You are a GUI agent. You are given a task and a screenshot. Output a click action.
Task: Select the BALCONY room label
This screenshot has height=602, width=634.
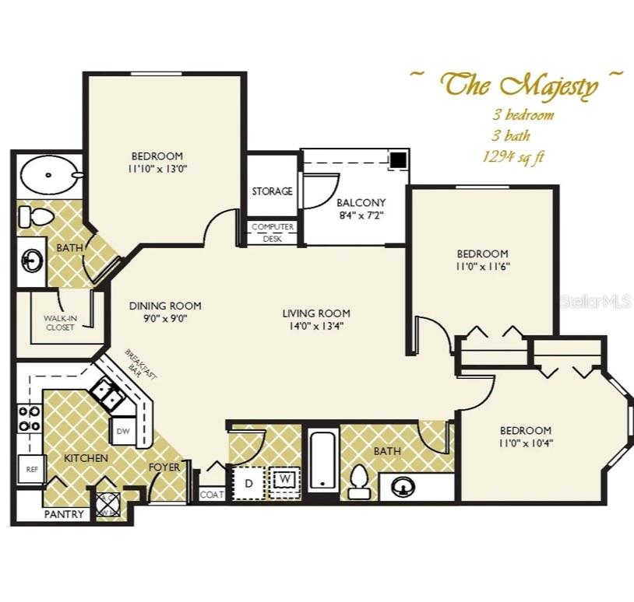click(x=361, y=203)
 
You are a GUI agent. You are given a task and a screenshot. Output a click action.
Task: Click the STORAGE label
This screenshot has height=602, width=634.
click(x=272, y=191)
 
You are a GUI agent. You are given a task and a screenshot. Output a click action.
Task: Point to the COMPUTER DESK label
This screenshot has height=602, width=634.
click(x=272, y=233)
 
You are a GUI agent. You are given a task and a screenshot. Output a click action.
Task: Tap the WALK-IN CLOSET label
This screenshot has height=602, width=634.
click(x=59, y=322)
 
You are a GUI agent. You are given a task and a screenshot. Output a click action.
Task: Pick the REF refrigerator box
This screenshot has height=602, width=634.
click(x=31, y=470)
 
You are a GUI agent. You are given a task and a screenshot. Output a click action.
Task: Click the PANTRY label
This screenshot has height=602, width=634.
click(x=63, y=514)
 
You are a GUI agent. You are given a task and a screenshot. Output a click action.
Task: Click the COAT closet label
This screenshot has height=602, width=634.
click(x=212, y=495)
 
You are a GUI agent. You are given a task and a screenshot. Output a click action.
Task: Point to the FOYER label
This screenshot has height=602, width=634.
click(x=164, y=467)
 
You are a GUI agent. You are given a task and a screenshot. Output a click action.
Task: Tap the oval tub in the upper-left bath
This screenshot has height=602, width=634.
click(x=48, y=176)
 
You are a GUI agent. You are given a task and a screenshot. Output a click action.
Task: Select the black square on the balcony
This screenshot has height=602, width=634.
click(x=399, y=159)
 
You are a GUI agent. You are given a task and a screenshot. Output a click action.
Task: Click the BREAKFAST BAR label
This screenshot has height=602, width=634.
click(x=141, y=364)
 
